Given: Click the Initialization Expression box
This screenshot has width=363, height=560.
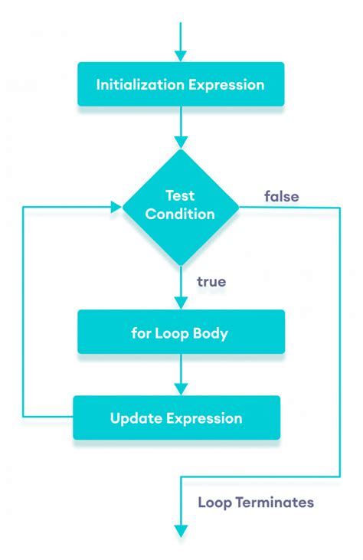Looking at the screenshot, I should pyautogui.click(x=181, y=84).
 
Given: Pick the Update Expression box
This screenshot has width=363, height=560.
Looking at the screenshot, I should pyautogui.click(x=176, y=418).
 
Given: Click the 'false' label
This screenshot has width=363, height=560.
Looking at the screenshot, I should pyautogui.click(x=281, y=197).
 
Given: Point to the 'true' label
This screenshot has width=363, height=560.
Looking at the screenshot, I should pyautogui.click(x=211, y=282).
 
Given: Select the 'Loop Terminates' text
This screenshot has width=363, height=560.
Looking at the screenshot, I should pyautogui.click(x=256, y=503).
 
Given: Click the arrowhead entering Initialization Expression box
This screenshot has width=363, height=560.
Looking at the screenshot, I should pyautogui.click(x=181, y=56).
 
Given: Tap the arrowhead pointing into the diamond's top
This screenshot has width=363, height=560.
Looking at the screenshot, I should pyautogui.click(x=181, y=142).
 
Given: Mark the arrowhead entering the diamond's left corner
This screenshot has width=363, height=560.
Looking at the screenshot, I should pyautogui.click(x=116, y=207).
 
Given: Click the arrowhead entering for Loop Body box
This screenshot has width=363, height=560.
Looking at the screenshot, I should pyautogui.click(x=181, y=303).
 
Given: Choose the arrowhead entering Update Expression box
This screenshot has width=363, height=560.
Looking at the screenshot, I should pyautogui.click(x=181, y=389).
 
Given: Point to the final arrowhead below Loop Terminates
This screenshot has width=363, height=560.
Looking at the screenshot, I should pyautogui.click(x=181, y=531).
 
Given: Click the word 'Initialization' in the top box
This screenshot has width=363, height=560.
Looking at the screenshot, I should pyautogui.click(x=140, y=84).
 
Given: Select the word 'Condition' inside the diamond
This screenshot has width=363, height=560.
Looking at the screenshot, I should pyautogui.click(x=181, y=215).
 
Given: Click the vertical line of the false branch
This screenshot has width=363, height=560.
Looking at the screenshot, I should pyautogui.click(x=339, y=345).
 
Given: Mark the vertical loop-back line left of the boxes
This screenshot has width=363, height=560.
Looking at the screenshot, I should pyautogui.click(x=23, y=314).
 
